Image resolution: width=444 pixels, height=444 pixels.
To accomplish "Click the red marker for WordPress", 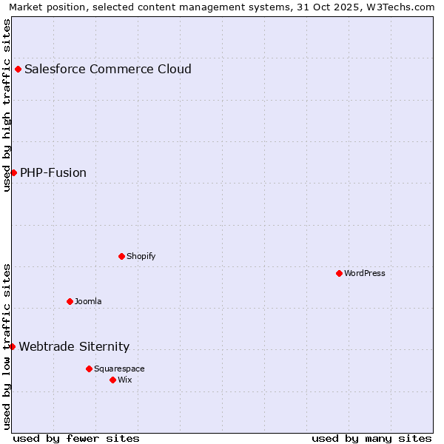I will point(339,273).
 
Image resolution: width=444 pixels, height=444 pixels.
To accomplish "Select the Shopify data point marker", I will point(121,256).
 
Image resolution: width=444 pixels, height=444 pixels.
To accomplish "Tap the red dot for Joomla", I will point(70,301).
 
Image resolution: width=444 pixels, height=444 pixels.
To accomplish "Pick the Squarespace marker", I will point(89,369).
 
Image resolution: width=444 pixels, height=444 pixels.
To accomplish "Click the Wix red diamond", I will point(112,380).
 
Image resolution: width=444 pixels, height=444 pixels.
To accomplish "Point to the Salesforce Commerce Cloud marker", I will point(18,70).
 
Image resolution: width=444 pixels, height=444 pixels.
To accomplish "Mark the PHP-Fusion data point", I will point(13,172).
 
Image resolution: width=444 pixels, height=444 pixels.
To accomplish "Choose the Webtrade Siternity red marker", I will point(12,346).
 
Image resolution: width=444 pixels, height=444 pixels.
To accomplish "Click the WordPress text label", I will point(365,273).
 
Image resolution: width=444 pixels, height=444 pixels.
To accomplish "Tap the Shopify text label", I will point(141,256).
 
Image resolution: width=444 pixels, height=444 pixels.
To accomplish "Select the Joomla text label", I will point(88,301).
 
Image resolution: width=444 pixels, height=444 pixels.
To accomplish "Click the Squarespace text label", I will point(119,369).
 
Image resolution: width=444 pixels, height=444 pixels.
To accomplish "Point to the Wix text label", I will point(124,380).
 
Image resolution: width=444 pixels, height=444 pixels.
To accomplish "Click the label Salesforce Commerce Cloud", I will point(108,70).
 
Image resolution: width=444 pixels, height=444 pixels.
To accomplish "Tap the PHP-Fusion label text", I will point(53,173).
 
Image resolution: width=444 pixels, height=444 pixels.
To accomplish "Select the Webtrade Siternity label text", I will point(74,347).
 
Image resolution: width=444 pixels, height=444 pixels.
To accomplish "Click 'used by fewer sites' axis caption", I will point(76,438).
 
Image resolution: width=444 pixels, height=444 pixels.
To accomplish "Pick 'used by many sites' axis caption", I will point(371,438).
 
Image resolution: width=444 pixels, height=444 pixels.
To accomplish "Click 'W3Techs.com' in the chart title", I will point(403,7).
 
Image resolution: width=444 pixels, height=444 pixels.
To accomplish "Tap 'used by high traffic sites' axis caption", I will point(7,105).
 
